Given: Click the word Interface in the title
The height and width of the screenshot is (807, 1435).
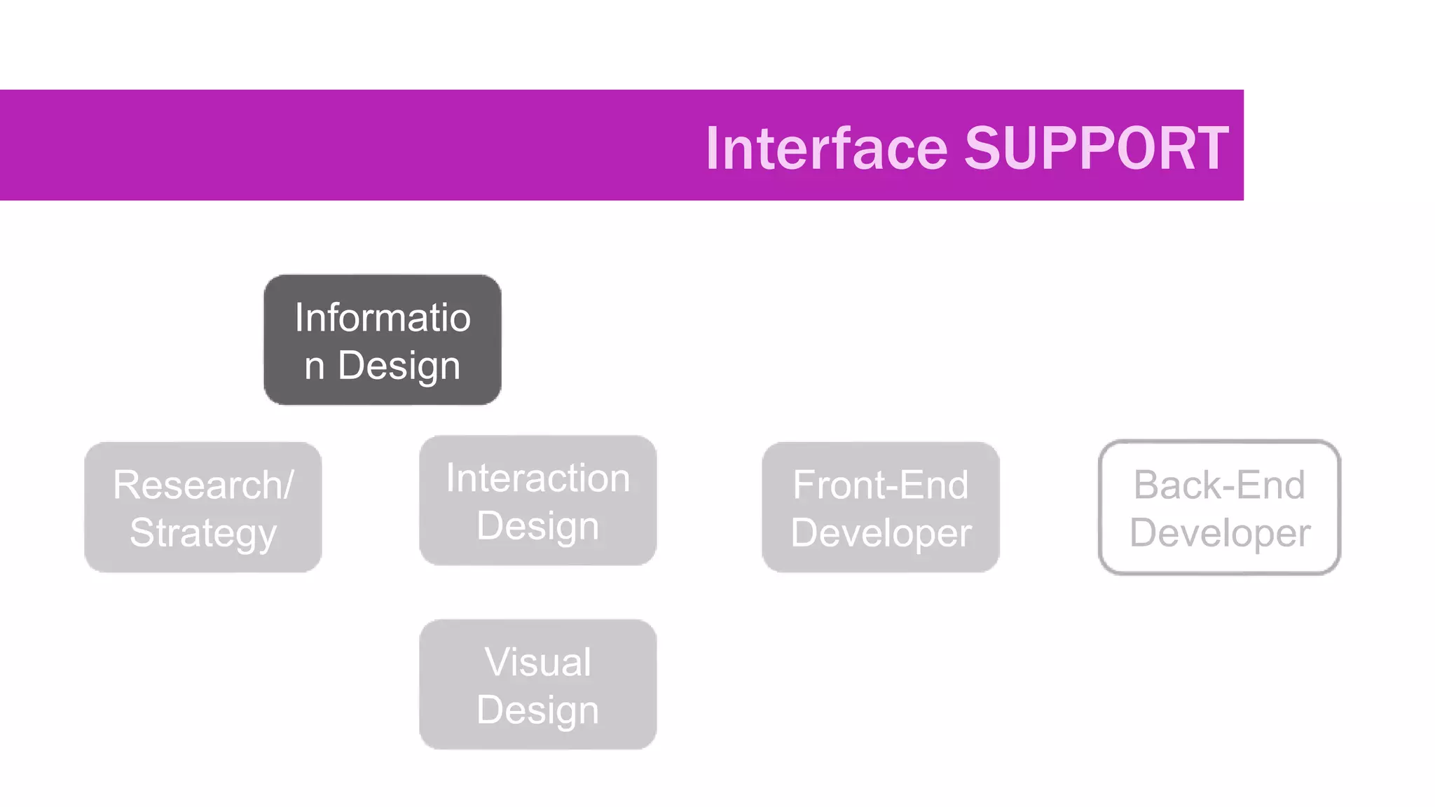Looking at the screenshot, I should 826,149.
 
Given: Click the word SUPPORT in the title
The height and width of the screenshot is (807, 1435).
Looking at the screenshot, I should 1097,149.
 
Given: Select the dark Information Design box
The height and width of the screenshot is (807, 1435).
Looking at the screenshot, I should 383,340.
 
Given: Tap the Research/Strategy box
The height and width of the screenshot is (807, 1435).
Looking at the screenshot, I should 203,507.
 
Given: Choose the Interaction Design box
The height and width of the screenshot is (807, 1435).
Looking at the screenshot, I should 538,500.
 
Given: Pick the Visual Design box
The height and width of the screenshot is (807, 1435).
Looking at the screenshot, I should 538,684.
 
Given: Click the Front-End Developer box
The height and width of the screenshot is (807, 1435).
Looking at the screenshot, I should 881,507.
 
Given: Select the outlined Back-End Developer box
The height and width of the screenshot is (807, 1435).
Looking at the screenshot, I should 1219,507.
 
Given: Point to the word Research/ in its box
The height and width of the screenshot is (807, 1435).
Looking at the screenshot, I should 203,485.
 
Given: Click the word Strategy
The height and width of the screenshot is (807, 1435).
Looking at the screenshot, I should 203,533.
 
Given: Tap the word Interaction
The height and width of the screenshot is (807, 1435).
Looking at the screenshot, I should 538,478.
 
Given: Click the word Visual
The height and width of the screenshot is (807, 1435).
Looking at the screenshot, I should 538,662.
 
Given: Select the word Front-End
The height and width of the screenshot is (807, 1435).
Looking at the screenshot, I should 881,485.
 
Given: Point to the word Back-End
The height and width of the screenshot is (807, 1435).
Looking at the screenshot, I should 1219,485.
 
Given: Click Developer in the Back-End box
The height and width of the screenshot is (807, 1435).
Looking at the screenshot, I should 1219,533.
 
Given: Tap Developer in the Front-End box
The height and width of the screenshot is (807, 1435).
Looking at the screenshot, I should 881,533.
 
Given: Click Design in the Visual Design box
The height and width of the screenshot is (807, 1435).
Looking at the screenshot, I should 538,710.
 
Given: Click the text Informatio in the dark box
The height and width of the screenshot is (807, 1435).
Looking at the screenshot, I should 383,317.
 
